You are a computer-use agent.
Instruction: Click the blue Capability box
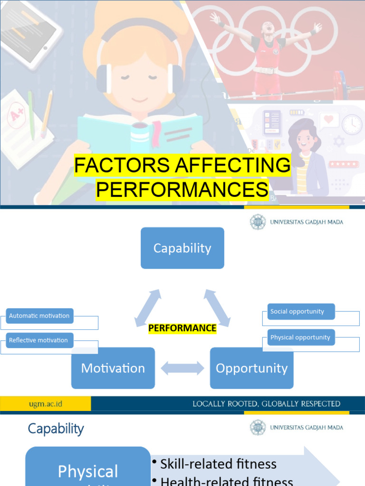point(182,248)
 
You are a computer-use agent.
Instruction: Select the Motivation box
point(113,368)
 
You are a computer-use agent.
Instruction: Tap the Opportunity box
point(251,368)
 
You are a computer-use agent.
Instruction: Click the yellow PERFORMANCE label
point(182,328)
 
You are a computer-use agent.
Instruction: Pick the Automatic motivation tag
point(39,316)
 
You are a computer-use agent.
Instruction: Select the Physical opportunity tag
point(301,337)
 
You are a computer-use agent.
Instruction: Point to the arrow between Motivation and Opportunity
point(182,368)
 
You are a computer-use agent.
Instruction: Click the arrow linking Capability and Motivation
point(148,308)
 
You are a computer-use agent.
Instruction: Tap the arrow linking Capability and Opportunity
point(217,308)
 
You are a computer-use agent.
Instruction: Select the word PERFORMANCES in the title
point(182,189)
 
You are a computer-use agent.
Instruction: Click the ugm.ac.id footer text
point(46,404)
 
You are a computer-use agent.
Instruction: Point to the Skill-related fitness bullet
point(218,464)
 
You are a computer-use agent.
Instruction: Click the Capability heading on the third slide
point(56,429)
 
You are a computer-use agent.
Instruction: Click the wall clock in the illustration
point(352,124)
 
